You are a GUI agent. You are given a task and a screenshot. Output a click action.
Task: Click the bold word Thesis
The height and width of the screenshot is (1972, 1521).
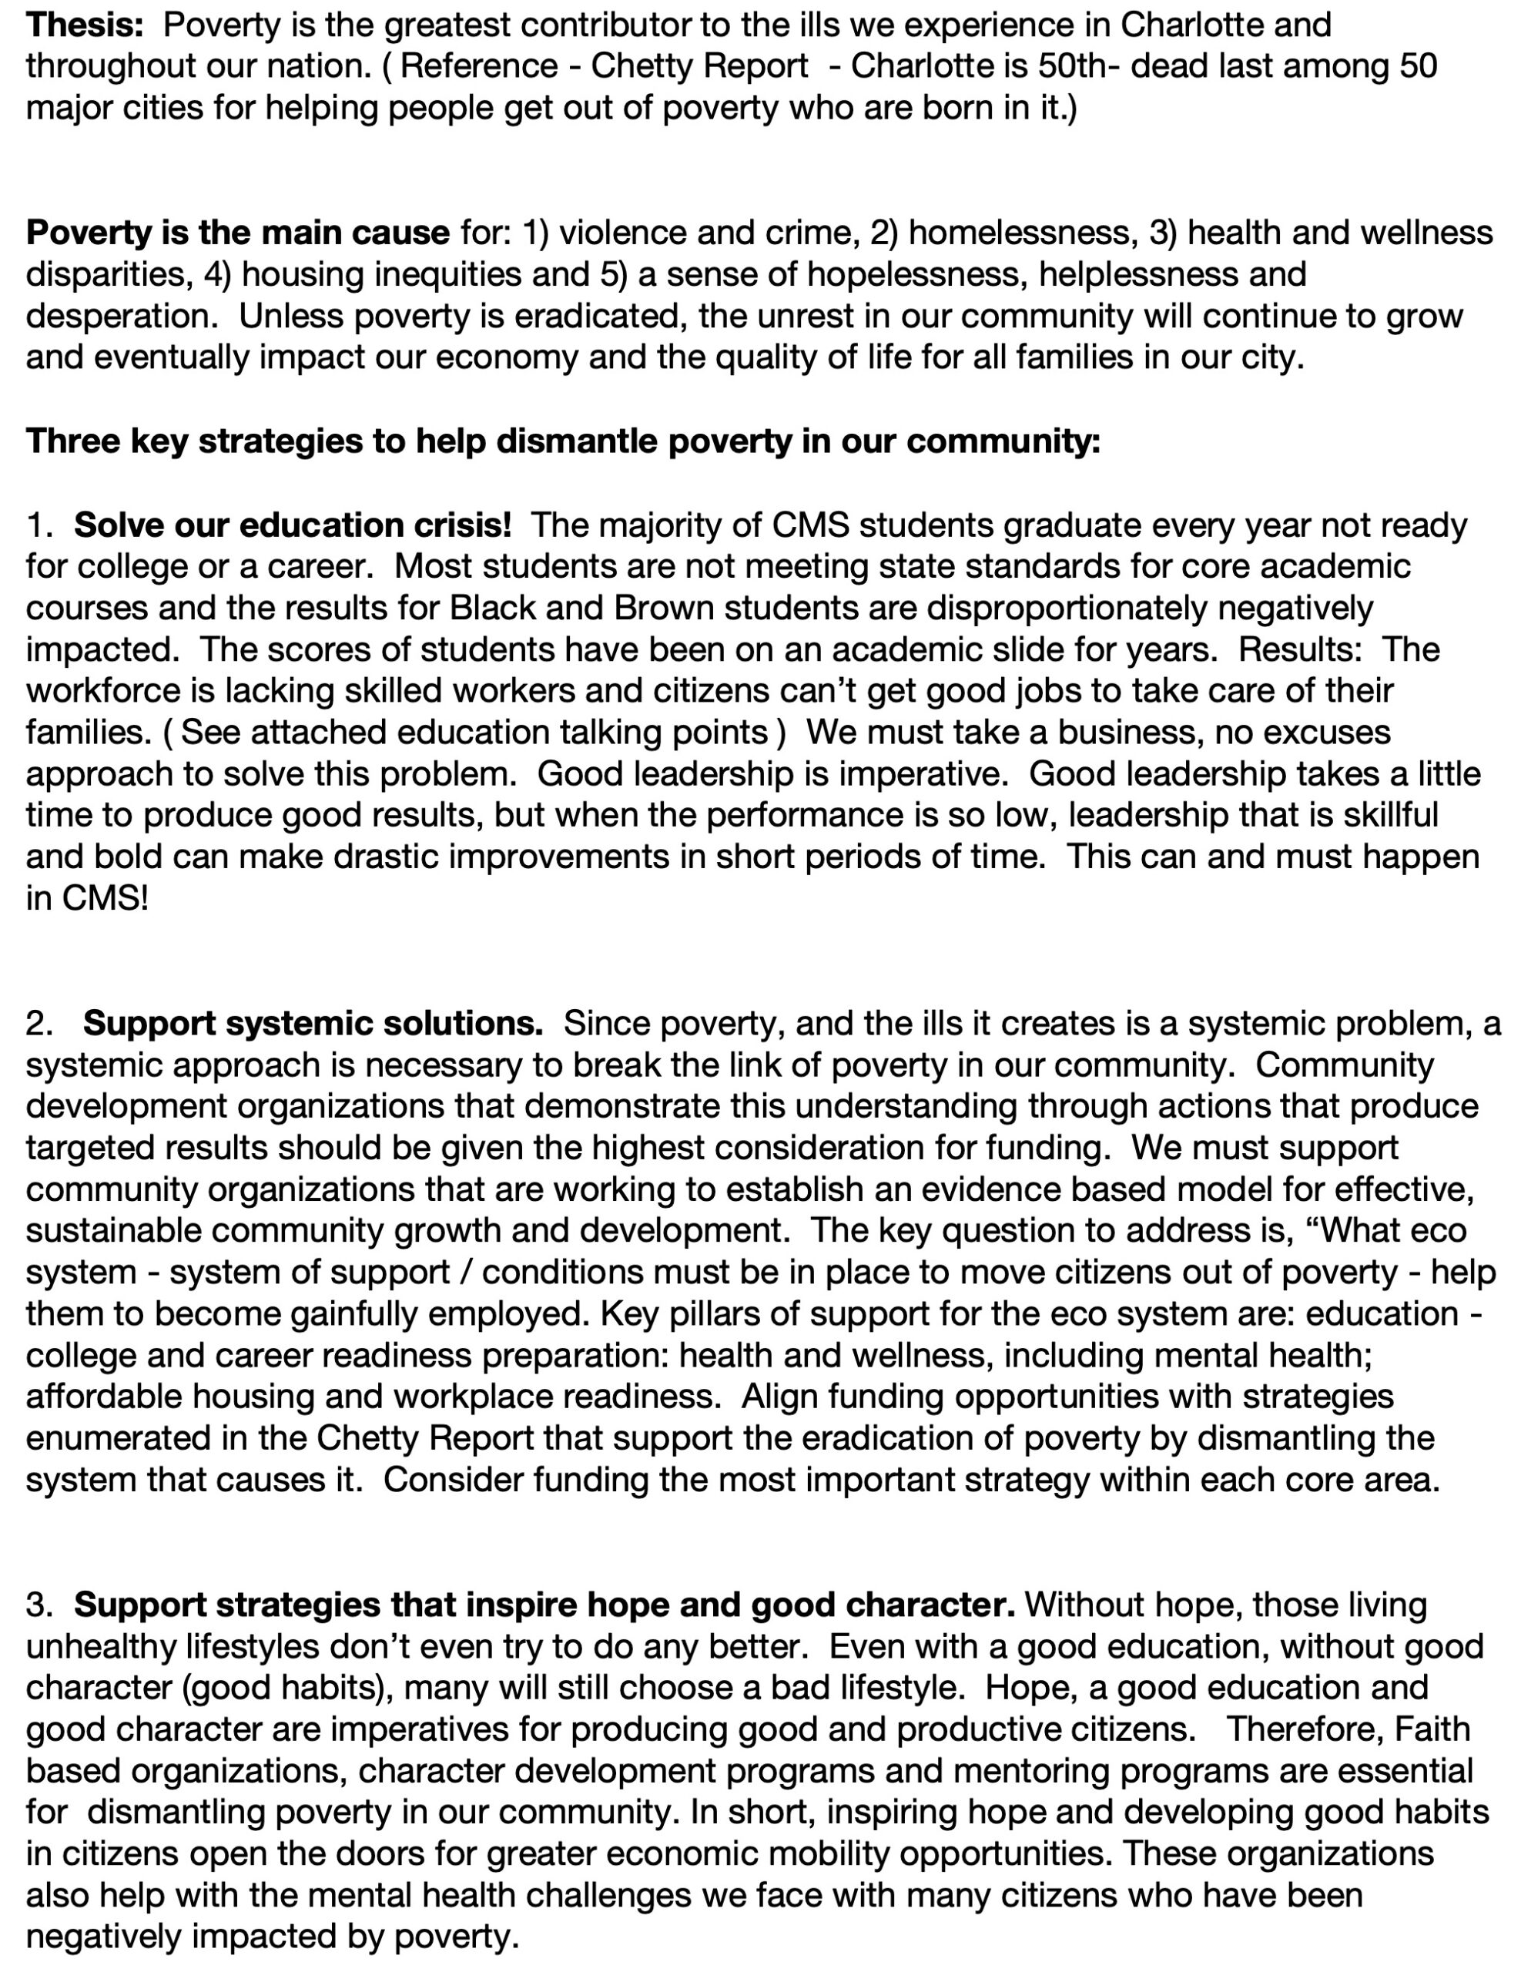click(84, 25)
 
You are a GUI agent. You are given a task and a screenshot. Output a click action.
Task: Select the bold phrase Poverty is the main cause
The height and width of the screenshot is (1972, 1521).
click(237, 233)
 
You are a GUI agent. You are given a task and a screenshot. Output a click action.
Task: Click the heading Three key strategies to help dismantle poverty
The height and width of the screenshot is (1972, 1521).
click(562, 441)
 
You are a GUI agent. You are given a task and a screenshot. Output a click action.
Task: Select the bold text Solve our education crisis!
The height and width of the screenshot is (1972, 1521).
click(293, 525)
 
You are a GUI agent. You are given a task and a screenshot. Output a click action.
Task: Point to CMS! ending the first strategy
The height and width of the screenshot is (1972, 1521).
click(87, 898)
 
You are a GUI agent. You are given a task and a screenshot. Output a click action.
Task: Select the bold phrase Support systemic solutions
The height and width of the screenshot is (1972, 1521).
click(313, 1023)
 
